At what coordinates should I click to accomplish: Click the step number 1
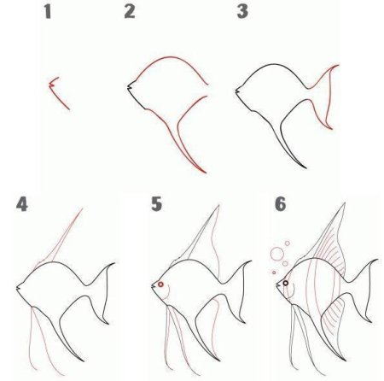point(48,12)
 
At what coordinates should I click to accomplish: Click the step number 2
point(130,12)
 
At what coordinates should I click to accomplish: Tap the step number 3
point(242,12)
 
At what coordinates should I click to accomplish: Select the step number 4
point(22,204)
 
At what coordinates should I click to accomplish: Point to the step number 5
point(156,204)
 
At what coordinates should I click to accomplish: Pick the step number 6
point(280,204)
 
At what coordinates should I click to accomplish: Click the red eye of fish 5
point(160,284)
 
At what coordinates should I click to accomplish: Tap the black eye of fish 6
point(286,283)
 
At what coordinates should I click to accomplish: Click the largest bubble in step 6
point(277,254)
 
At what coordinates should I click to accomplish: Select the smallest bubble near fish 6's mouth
point(274,273)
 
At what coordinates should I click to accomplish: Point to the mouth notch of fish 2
point(129,87)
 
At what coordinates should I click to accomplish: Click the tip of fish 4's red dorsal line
point(83,208)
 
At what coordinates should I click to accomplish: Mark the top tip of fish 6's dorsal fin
point(345,203)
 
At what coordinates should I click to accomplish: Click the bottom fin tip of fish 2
point(206,173)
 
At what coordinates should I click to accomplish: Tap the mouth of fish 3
point(237,91)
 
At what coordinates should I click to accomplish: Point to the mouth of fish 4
point(18,289)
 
